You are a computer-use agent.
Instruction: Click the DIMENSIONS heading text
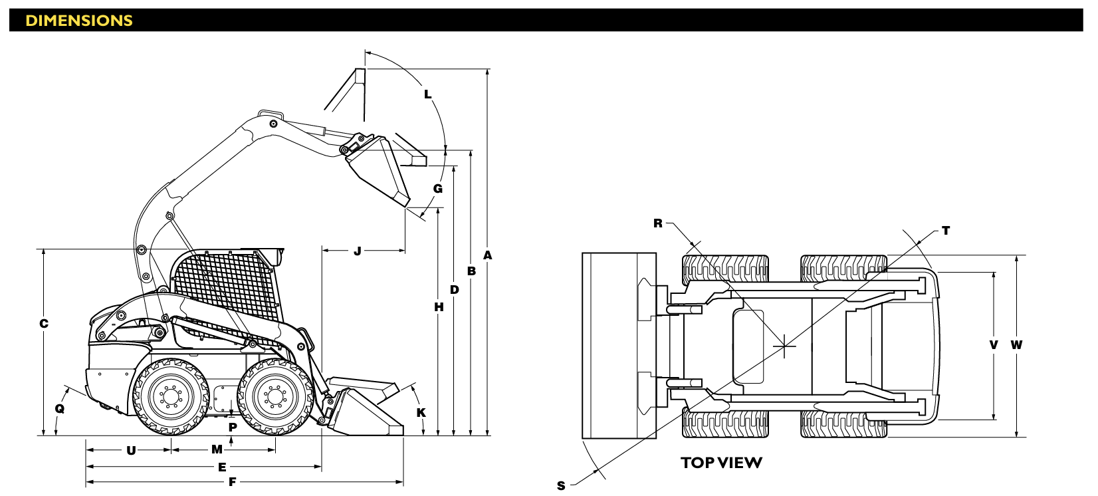click(x=79, y=21)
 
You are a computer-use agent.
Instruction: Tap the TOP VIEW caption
click(x=721, y=463)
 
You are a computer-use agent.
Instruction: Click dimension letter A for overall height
click(x=487, y=255)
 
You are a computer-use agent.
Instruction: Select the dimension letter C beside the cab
click(x=44, y=324)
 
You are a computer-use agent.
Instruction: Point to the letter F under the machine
click(x=233, y=482)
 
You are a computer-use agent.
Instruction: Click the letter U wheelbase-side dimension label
click(x=131, y=450)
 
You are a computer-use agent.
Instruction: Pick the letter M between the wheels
click(x=217, y=449)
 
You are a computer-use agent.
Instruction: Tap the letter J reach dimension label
click(x=358, y=251)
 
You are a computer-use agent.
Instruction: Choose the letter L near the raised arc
click(x=427, y=94)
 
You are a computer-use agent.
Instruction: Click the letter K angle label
click(x=421, y=413)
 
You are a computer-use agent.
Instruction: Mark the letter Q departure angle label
click(x=59, y=409)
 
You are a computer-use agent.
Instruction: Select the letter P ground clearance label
click(x=233, y=428)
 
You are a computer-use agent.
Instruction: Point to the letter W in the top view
click(x=1016, y=345)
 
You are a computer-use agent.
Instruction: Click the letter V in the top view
click(x=994, y=345)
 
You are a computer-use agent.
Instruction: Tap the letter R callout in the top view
click(x=658, y=223)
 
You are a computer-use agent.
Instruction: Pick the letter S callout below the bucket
click(x=561, y=486)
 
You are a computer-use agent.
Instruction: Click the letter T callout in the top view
click(x=946, y=230)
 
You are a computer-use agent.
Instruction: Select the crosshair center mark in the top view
click(x=784, y=346)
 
